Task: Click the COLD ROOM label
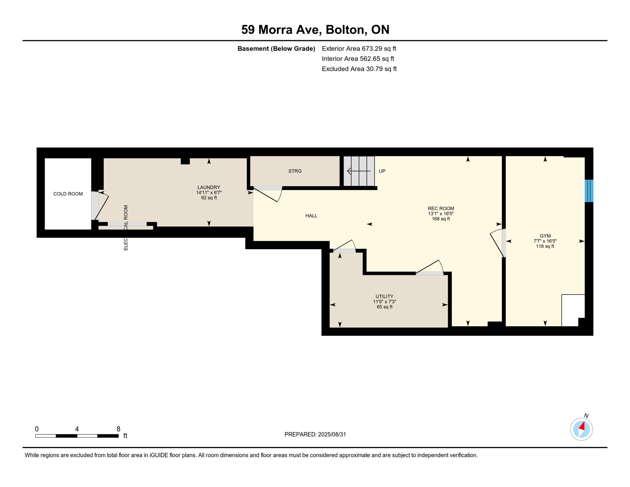(x=68, y=194)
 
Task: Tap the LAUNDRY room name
(x=209, y=187)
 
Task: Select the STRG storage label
(x=295, y=171)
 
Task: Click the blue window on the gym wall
(x=588, y=191)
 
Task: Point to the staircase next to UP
(x=359, y=171)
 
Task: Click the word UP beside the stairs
(x=382, y=171)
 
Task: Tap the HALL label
(x=311, y=216)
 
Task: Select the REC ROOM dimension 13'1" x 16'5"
(x=440, y=214)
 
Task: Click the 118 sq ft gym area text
(x=545, y=246)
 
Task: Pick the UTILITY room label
(x=384, y=296)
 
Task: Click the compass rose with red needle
(x=581, y=429)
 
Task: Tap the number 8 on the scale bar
(x=118, y=429)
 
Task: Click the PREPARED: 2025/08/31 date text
(x=315, y=434)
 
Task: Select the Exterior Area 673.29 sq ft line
(x=359, y=49)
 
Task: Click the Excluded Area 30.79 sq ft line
(x=359, y=69)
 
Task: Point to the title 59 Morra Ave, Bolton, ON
(x=315, y=29)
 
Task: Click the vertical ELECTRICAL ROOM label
(x=126, y=228)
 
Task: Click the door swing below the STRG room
(x=268, y=194)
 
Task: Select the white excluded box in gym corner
(x=572, y=309)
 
